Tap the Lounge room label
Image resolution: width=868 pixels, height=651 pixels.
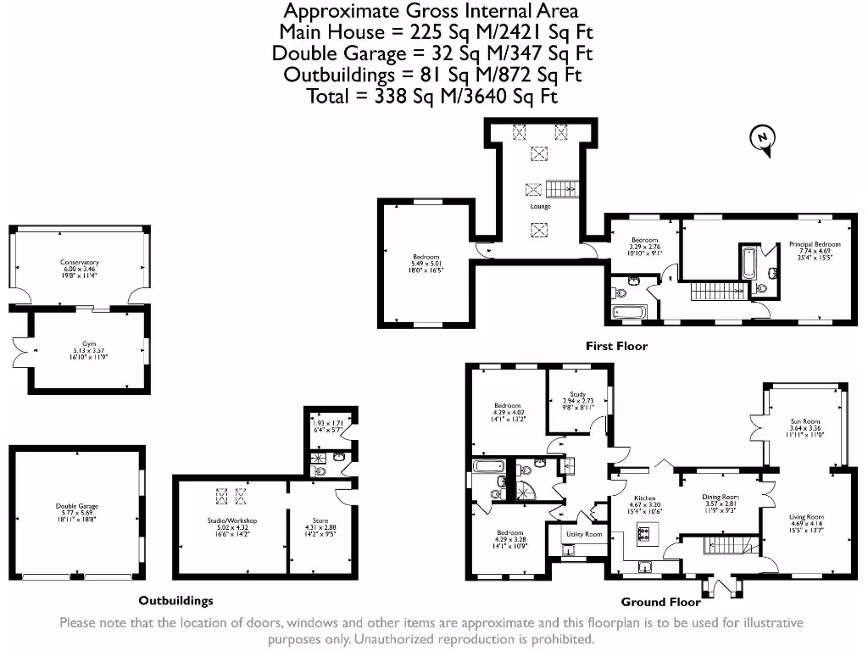pos(540,207)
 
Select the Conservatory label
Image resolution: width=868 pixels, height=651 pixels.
pos(80,263)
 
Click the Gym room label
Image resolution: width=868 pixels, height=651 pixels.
pos(89,344)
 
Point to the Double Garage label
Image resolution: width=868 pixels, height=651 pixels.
pos(76,506)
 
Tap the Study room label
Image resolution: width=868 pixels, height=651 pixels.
pos(577,394)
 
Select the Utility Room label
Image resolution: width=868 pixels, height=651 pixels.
pos(584,535)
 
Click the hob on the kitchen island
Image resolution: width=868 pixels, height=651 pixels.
pos(643,534)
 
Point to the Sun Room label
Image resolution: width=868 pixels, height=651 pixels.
pos(804,421)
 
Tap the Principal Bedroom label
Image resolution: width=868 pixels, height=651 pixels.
pos(814,245)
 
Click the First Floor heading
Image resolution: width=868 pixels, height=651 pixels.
pos(616,346)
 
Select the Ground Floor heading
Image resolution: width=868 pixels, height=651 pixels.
pos(660,602)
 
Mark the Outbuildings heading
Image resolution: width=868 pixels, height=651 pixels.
pos(175,600)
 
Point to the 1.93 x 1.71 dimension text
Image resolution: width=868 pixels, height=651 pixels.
pos(326,421)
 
